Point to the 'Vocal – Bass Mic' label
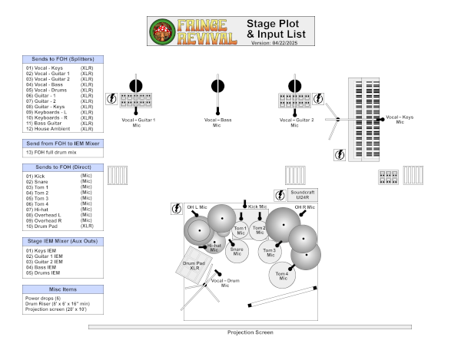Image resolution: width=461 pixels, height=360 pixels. click(218, 122)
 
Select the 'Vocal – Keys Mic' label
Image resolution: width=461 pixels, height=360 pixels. click(400, 120)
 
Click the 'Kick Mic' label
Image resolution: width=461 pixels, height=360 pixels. click(257, 206)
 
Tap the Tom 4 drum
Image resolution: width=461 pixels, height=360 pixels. click(283, 275)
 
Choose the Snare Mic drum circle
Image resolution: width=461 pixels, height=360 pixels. click(237, 250)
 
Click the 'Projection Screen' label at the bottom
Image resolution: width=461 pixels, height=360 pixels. click(250, 332)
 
